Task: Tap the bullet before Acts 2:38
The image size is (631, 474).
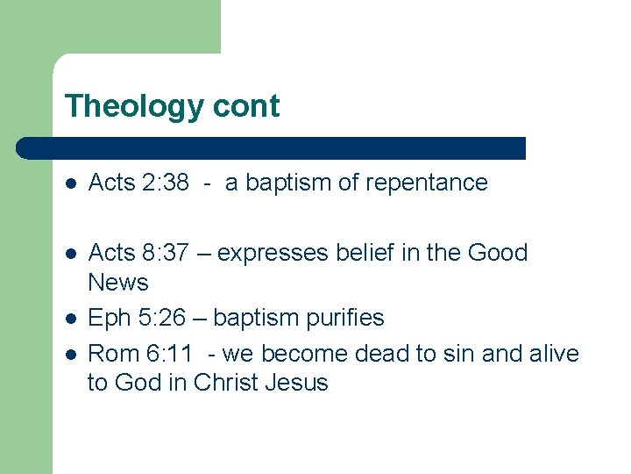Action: tap(73, 183)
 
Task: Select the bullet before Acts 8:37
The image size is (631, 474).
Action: tap(73, 254)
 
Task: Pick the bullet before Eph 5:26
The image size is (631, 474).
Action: tap(73, 318)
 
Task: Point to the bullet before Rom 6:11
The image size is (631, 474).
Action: tap(73, 354)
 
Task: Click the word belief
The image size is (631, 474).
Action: tap(359, 253)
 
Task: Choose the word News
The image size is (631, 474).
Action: tap(118, 283)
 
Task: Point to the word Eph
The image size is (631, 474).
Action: tap(108, 317)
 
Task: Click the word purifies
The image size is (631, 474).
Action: tap(343, 317)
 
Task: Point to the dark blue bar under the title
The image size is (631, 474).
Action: tap(272, 147)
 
